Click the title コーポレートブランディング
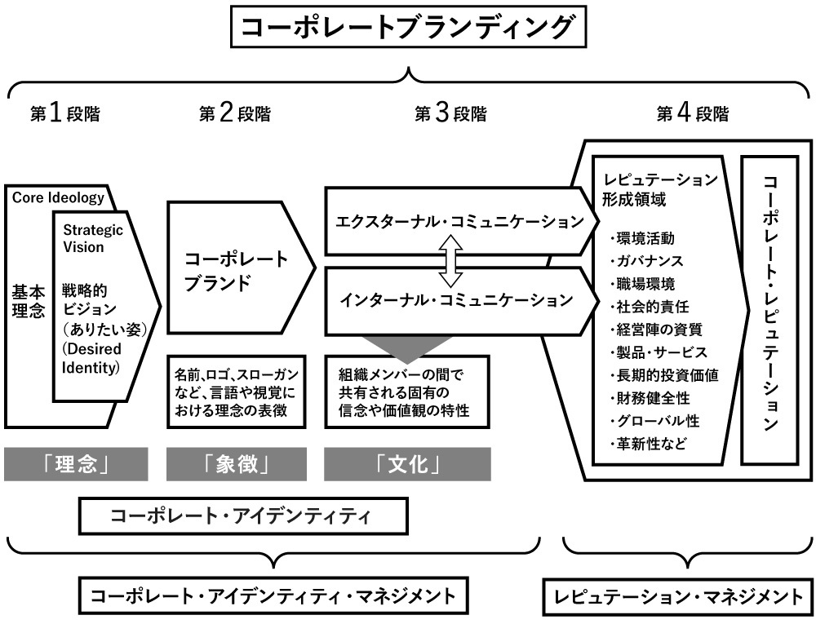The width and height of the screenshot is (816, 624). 408,30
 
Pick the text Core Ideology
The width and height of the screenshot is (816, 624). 58,197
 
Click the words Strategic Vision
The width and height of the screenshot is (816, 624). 93,238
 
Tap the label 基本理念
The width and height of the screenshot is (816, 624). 29,301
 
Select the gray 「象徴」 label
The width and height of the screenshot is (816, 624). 237,465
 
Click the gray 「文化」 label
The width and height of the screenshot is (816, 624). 407,465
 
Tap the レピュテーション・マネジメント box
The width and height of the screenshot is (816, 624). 678,597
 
